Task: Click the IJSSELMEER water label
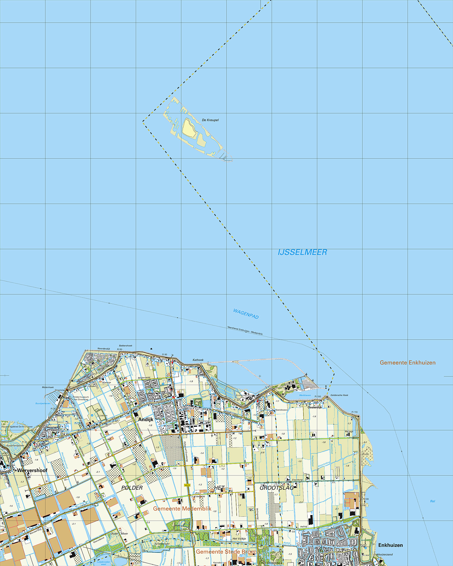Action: point(302,252)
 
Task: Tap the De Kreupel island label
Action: point(210,120)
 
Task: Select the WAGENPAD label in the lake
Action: point(246,314)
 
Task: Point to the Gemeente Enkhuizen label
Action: point(407,363)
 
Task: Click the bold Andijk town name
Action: point(146,419)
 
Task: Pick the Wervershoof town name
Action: point(32,470)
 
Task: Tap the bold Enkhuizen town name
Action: point(390,545)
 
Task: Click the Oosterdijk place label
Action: point(315,407)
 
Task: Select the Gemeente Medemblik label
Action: point(182,509)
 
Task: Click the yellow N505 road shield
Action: point(187,485)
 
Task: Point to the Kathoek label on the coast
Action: point(198,360)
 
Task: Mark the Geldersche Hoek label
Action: point(339,395)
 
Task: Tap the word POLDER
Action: point(132,488)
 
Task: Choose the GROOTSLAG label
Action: point(277,488)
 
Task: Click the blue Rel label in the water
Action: point(432,501)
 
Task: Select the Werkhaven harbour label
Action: point(305,395)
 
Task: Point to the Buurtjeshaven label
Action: point(43,403)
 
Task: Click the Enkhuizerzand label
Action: point(383,555)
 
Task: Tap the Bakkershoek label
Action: point(126,346)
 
